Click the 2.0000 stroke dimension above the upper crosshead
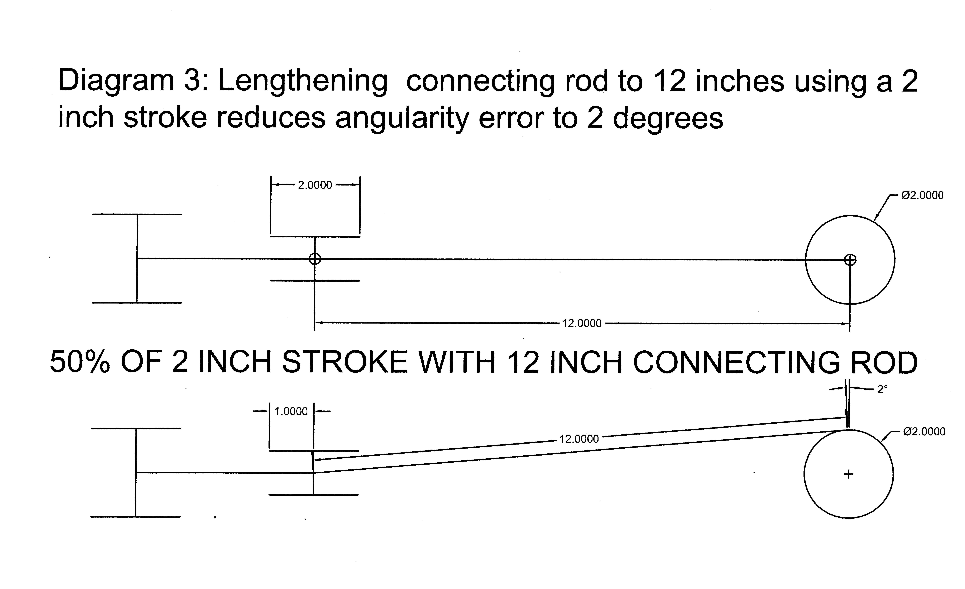coord(315,185)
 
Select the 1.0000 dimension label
coord(291,411)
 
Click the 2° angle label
coord(882,389)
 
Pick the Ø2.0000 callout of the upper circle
coord(922,195)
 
